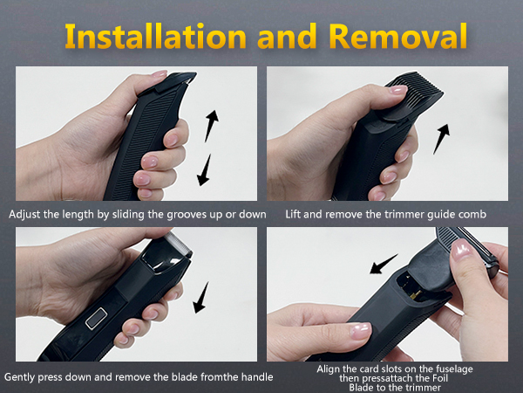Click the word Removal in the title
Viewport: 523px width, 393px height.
(396, 36)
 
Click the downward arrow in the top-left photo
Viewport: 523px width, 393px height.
(205, 168)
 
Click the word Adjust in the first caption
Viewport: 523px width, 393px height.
(25, 213)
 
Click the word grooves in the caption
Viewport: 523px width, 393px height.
(172, 213)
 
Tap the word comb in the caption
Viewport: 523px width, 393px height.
(450, 213)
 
